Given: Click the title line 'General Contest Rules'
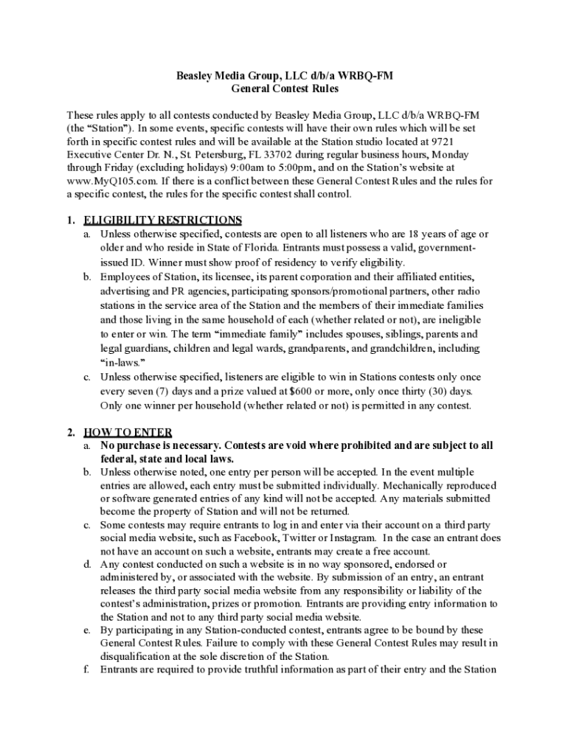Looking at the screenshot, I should [285, 89].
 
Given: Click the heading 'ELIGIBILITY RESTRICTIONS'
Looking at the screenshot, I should [163, 220].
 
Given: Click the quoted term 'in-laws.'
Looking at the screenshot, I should [122, 362].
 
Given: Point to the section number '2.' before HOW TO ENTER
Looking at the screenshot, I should [71, 432].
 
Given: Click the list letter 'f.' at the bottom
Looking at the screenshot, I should [86, 670].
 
